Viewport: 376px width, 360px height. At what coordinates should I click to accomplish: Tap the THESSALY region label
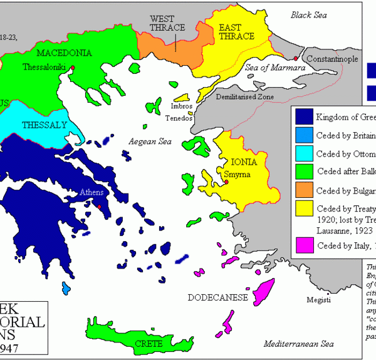[44, 125]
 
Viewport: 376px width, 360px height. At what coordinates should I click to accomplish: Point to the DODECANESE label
[217, 297]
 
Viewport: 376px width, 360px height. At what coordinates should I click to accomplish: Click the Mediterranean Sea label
[298, 344]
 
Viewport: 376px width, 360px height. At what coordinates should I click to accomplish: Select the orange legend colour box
[304, 191]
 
